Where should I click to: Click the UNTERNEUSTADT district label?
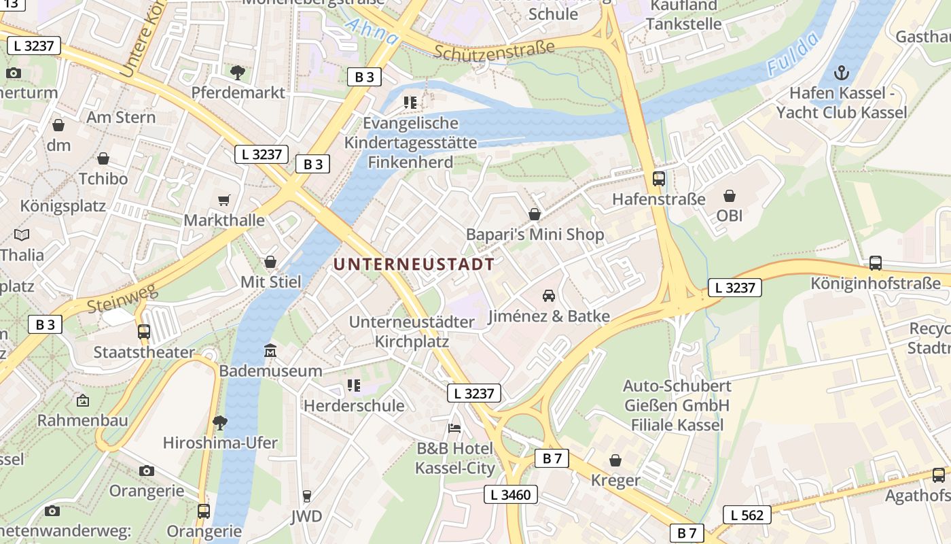tap(414, 264)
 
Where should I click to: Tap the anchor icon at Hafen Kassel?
tap(842, 72)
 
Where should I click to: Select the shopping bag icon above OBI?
tap(730, 196)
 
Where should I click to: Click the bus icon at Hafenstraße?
tap(658, 179)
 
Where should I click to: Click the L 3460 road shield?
tap(511, 494)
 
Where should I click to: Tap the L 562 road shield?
tap(747, 515)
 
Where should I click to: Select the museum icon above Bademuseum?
tap(270, 351)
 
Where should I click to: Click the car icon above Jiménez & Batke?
tap(548, 295)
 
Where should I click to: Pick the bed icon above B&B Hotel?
tap(454, 428)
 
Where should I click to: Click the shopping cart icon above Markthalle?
tap(224, 200)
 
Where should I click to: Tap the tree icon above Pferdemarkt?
tap(238, 72)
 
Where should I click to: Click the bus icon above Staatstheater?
tap(144, 332)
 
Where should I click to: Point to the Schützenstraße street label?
tap(494, 49)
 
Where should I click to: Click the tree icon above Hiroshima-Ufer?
tap(219, 422)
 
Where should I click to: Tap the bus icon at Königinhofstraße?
tap(876, 262)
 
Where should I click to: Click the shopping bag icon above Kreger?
tap(615, 460)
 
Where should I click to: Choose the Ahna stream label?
tap(372, 32)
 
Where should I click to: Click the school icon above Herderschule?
tap(353, 386)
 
